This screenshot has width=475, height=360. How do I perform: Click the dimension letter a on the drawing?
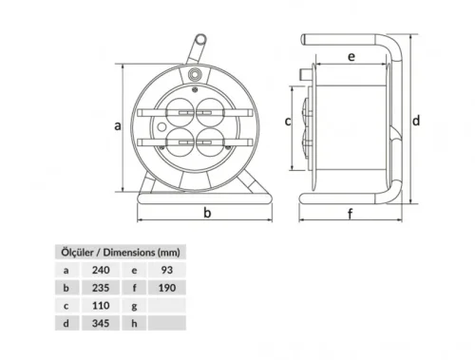click(x=117, y=124)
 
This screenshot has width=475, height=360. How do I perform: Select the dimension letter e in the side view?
click(x=351, y=57)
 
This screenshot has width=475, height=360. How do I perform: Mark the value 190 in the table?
click(x=167, y=288)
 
